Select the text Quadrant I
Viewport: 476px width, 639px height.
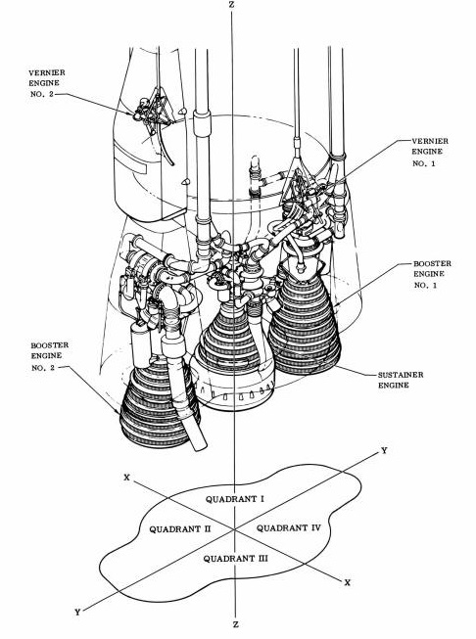(235, 499)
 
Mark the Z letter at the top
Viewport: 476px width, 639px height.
(230, 6)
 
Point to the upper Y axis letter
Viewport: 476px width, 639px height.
(384, 450)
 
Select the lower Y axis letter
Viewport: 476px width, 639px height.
(76, 611)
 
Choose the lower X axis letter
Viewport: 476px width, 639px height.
(348, 581)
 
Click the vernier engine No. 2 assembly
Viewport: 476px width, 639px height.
(153, 115)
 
